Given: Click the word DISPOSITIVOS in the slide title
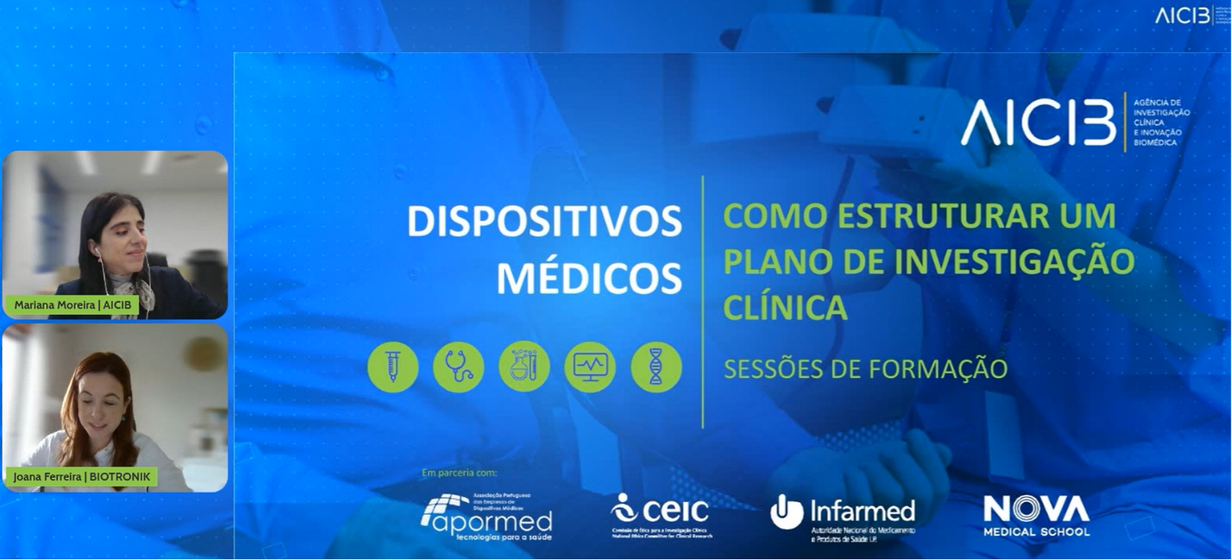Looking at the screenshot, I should tap(544, 222).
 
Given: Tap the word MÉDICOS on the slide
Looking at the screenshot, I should tap(589, 278).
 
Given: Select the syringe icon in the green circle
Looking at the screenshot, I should tap(393, 367).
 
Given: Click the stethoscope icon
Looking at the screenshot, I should tap(458, 367).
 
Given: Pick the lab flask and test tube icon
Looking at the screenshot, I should tap(524, 367).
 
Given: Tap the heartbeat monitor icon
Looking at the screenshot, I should tap(590, 367).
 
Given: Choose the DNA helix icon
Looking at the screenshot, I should tap(655, 367).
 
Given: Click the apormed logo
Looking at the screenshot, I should tap(488, 517).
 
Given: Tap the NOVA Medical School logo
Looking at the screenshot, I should tap(1036, 515).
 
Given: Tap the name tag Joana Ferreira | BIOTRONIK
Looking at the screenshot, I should tap(81, 476).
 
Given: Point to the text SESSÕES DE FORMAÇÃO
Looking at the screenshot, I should tap(865, 369).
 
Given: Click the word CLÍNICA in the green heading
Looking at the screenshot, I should tap(785, 307).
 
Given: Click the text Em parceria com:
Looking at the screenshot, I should tap(459, 473).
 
